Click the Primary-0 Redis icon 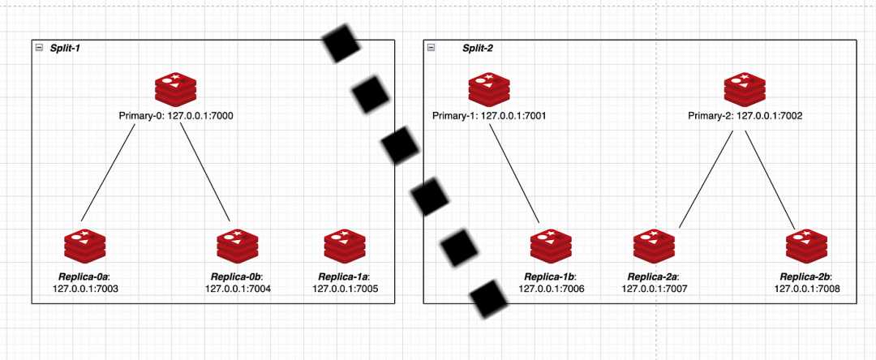click(x=176, y=89)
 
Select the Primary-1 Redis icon click(x=488, y=89)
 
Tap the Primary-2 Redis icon click(x=745, y=89)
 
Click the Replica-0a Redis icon click(x=84, y=247)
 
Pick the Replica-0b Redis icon click(x=238, y=247)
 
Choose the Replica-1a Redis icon click(x=345, y=247)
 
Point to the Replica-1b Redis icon click(x=551, y=247)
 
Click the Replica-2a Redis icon click(x=654, y=247)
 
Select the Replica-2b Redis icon click(x=807, y=247)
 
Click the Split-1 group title click(x=65, y=49)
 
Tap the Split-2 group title click(x=478, y=49)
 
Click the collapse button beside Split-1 click(x=39, y=49)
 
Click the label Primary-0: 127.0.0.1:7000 click(x=176, y=116)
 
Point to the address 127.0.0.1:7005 click(x=345, y=289)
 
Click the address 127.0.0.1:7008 click(x=807, y=289)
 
